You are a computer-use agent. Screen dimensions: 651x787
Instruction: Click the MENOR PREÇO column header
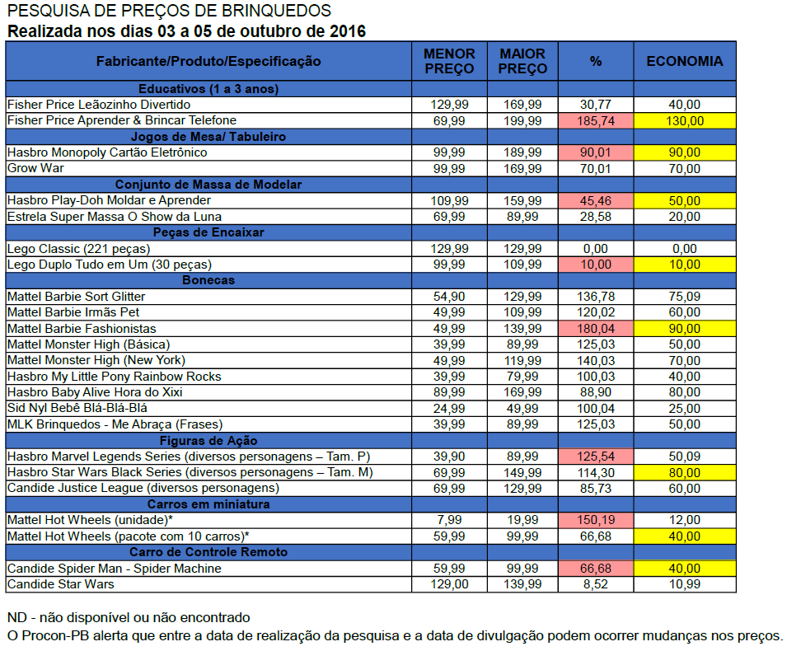pyautogui.click(x=448, y=61)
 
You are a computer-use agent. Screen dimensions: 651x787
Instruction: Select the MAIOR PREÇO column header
pyautogui.click(x=522, y=61)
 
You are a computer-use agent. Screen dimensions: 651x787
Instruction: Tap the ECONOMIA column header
pyautogui.click(x=684, y=61)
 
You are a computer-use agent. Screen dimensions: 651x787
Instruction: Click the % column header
pyautogui.click(x=595, y=61)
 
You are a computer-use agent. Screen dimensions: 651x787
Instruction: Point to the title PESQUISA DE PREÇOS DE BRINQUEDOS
pyautogui.click(x=169, y=11)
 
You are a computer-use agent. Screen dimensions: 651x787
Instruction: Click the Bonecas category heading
pyautogui.click(x=208, y=280)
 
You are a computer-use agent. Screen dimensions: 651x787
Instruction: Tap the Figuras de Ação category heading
pyautogui.click(x=208, y=440)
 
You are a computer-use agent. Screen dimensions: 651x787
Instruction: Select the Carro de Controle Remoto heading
pyautogui.click(x=208, y=552)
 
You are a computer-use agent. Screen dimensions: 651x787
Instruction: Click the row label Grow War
pyautogui.click(x=36, y=168)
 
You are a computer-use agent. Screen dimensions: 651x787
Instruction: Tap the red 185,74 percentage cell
pyautogui.click(x=595, y=120)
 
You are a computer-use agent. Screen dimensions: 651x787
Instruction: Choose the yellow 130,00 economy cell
pyautogui.click(x=684, y=120)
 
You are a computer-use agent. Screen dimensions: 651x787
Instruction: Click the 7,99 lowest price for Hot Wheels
pyautogui.click(x=448, y=520)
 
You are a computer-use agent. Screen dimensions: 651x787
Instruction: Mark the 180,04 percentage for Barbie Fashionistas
pyautogui.click(x=595, y=328)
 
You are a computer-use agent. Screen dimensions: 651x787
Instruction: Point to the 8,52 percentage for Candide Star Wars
pyautogui.click(x=595, y=584)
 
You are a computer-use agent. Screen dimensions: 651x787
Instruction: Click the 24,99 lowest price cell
pyautogui.click(x=448, y=408)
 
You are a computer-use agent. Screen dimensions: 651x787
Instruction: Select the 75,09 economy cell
pyautogui.click(x=684, y=296)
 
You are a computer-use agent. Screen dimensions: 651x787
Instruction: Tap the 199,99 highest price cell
pyautogui.click(x=522, y=120)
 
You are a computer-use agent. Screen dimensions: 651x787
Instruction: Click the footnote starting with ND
pyautogui.click(x=128, y=617)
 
